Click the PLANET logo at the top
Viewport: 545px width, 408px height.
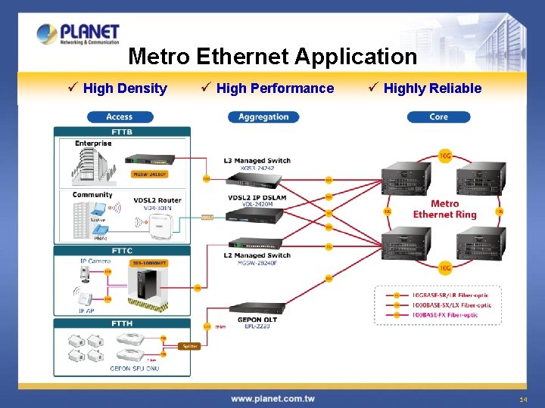78,33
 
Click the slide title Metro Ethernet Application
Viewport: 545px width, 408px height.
272,57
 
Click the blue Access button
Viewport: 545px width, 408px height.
120,117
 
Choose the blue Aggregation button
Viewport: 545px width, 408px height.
263,117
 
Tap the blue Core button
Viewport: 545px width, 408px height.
438,117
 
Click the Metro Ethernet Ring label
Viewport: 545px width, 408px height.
445,209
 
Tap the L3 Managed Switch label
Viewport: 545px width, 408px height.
257,160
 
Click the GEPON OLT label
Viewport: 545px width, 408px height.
257,320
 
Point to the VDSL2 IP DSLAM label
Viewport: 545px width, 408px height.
257,198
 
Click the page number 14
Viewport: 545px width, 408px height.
523,398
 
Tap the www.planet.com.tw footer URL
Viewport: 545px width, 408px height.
272,398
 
